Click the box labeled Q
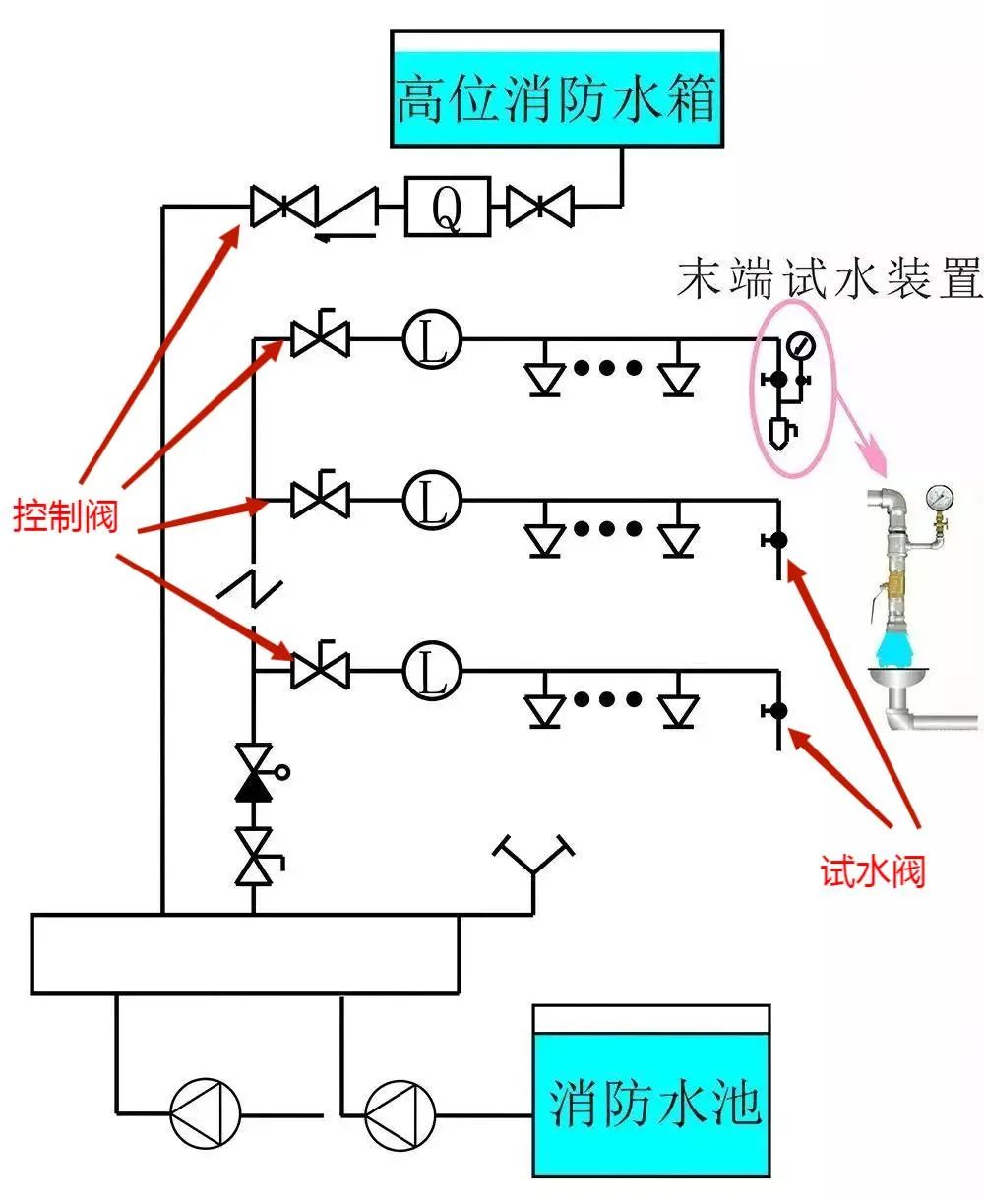point(448,207)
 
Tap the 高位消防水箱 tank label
point(557,98)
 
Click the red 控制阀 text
point(65,514)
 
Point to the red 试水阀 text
point(873,869)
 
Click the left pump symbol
point(205,1114)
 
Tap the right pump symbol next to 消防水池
point(400,1114)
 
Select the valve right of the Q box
point(539,207)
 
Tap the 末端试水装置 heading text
point(829,279)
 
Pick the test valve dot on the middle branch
point(778,540)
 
